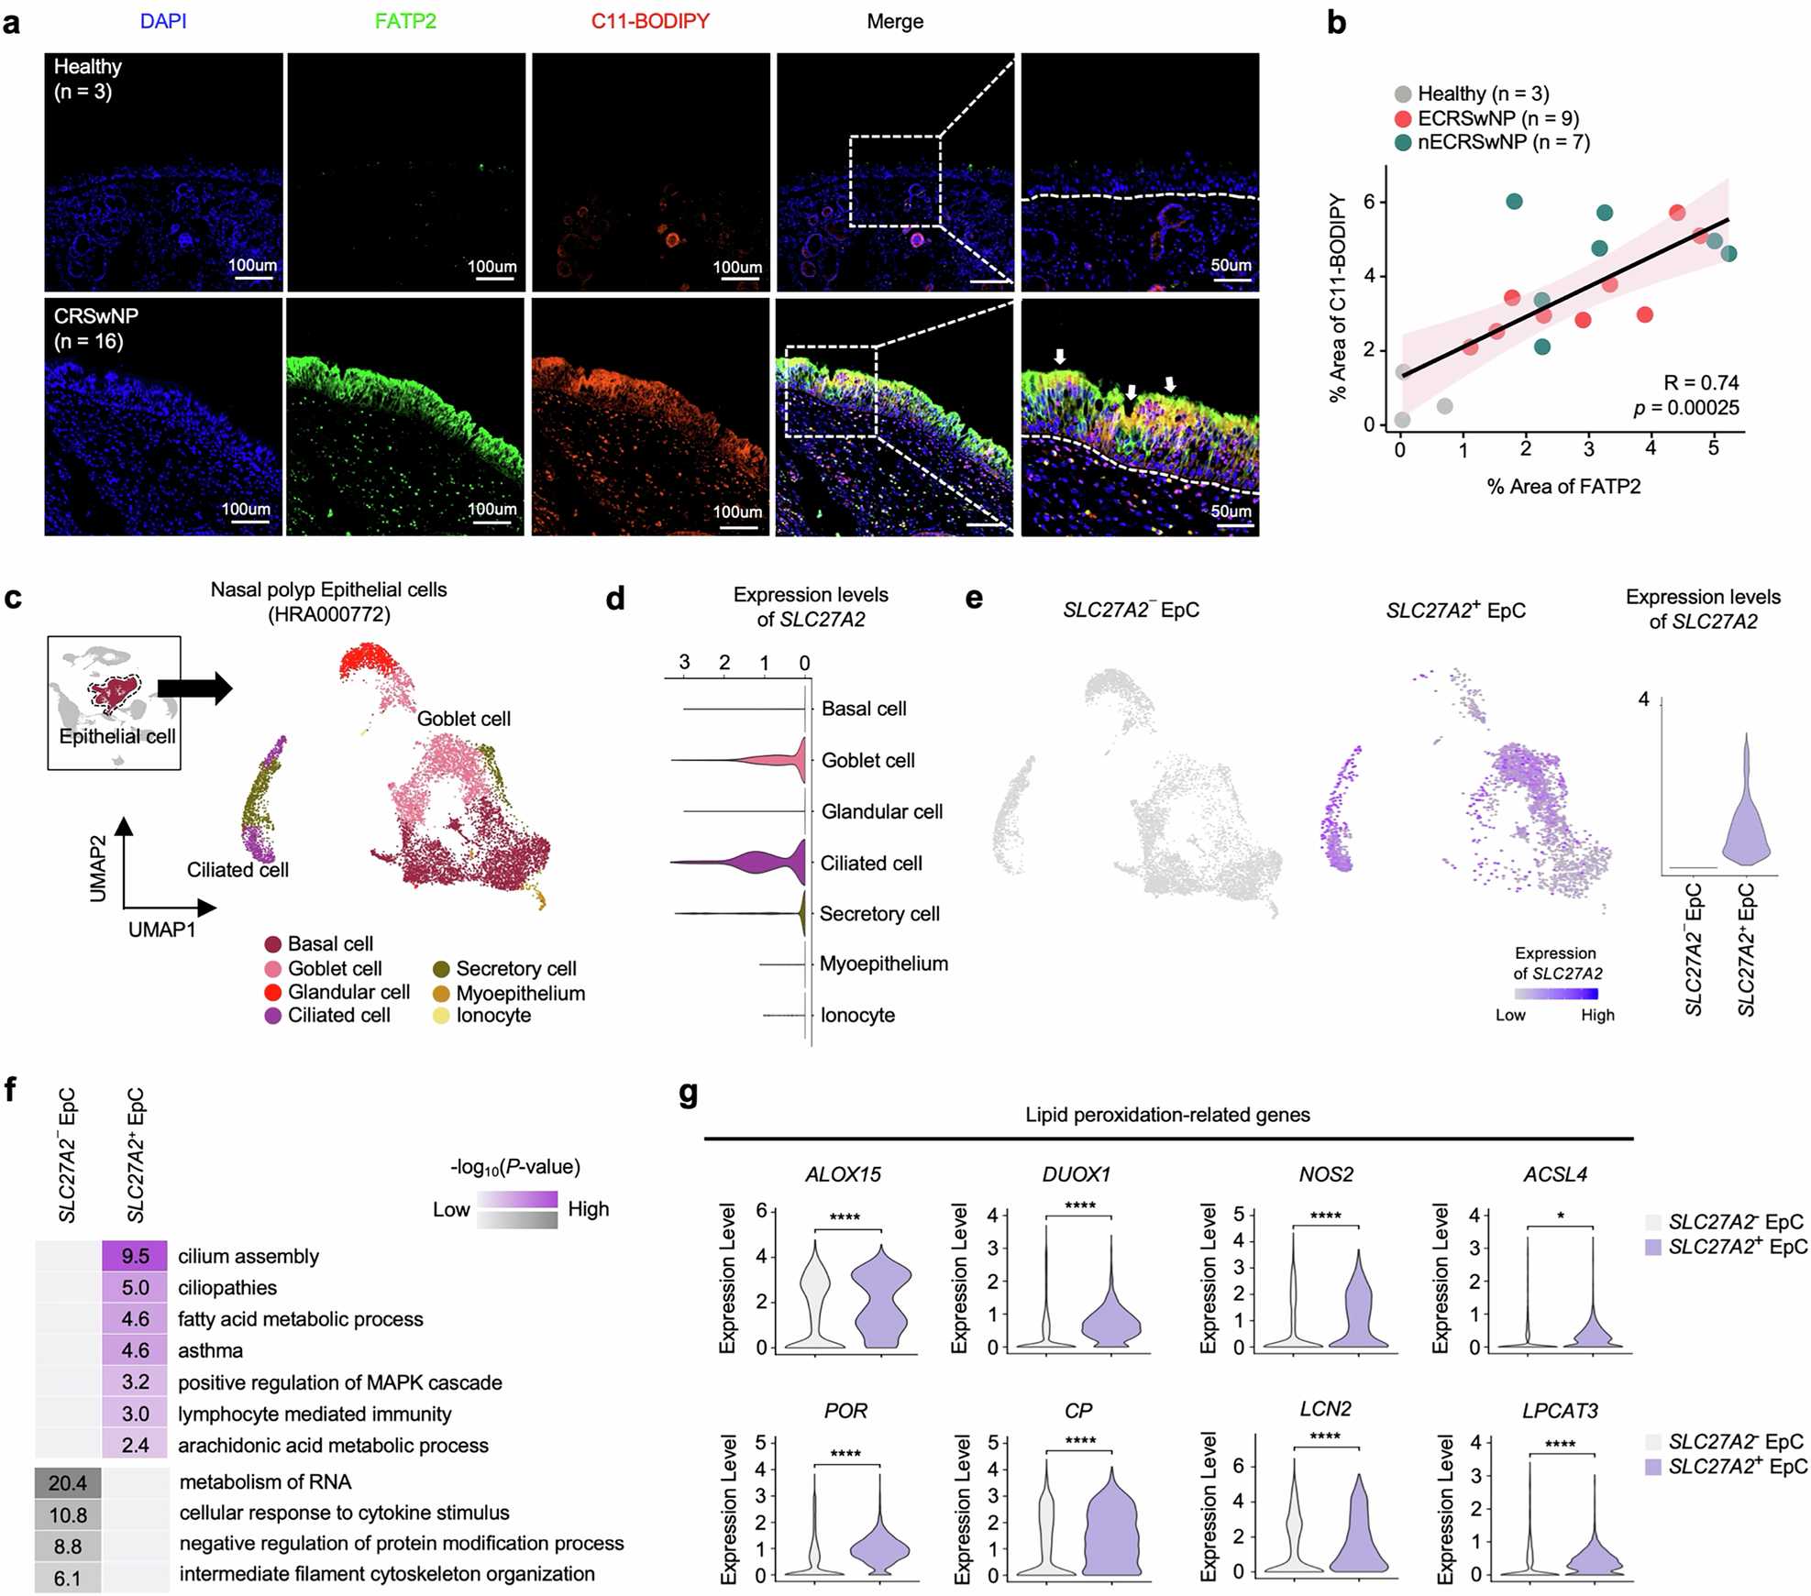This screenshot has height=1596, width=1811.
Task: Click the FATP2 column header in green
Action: pos(405,21)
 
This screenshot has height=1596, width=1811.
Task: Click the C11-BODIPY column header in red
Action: pos(650,21)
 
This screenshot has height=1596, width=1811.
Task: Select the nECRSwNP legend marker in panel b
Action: pos(1403,142)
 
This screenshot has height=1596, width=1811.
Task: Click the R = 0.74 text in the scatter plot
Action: pos(1701,383)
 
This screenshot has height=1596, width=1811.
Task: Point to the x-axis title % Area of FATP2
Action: pos(1563,487)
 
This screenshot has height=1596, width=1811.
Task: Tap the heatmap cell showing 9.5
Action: pos(135,1256)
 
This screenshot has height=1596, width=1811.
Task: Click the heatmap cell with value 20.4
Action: pos(68,1482)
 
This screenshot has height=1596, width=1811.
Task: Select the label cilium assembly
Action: pos(248,1257)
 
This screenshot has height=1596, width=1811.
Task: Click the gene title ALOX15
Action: pos(843,1174)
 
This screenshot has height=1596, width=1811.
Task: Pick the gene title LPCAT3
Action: pos(1560,1411)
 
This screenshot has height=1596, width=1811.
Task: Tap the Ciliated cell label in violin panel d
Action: pos(871,864)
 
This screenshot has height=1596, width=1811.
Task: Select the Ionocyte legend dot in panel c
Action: pos(441,1016)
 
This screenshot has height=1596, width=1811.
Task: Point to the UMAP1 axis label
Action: pos(161,930)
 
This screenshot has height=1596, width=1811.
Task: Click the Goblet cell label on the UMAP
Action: pos(464,719)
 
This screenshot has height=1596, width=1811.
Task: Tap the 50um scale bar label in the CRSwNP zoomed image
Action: pos(1231,511)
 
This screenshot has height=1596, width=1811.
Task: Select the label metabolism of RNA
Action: pos(265,1482)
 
